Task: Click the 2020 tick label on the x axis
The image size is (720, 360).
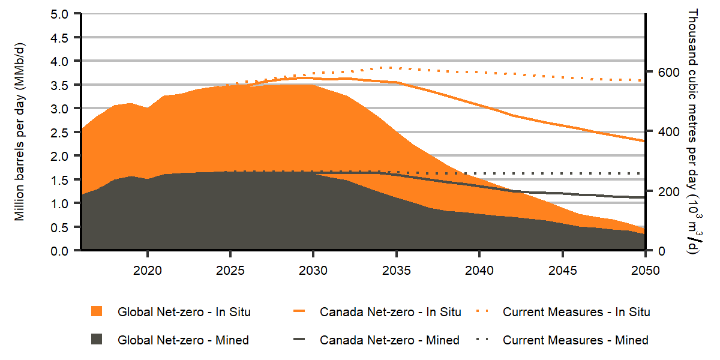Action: click(x=147, y=271)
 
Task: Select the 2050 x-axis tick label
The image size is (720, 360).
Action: click(x=645, y=271)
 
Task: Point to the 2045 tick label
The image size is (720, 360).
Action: click(x=562, y=271)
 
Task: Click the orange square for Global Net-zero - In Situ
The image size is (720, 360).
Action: click(x=97, y=311)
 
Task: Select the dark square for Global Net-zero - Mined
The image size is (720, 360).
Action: click(x=97, y=340)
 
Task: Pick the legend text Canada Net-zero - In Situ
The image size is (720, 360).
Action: click(x=390, y=312)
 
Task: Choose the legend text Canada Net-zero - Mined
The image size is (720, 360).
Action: click(x=389, y=340)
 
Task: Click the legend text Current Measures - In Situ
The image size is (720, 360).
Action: click(x=576, y=312)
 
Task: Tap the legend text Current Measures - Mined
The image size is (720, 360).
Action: click(x=575, y=340)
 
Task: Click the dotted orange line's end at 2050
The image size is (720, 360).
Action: click(x=644, y=80)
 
